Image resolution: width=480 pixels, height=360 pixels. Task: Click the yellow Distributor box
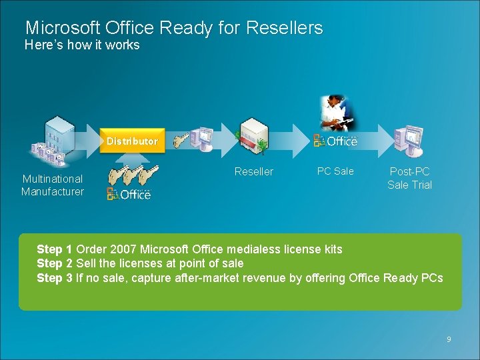click(132, 141)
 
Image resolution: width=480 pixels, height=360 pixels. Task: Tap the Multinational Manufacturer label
click(53, 185)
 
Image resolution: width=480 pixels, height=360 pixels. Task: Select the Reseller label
click(254, 172)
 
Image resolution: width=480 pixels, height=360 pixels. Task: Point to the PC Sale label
click(335, 171)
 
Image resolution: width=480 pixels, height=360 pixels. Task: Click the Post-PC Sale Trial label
click(409, 179)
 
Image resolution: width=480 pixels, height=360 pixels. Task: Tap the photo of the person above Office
click(337, 112)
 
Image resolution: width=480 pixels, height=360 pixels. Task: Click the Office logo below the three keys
click(129, 194)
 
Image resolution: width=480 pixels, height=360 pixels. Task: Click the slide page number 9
click(449, 340)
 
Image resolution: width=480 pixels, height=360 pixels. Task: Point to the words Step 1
click(55, 249)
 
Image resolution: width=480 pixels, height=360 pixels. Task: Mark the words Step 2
click(55, 263)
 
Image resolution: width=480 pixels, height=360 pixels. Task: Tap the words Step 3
click(55, 278)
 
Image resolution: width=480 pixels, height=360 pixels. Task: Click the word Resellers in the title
click(284, 28)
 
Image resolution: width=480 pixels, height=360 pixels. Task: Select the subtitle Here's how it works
click(82, 45)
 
